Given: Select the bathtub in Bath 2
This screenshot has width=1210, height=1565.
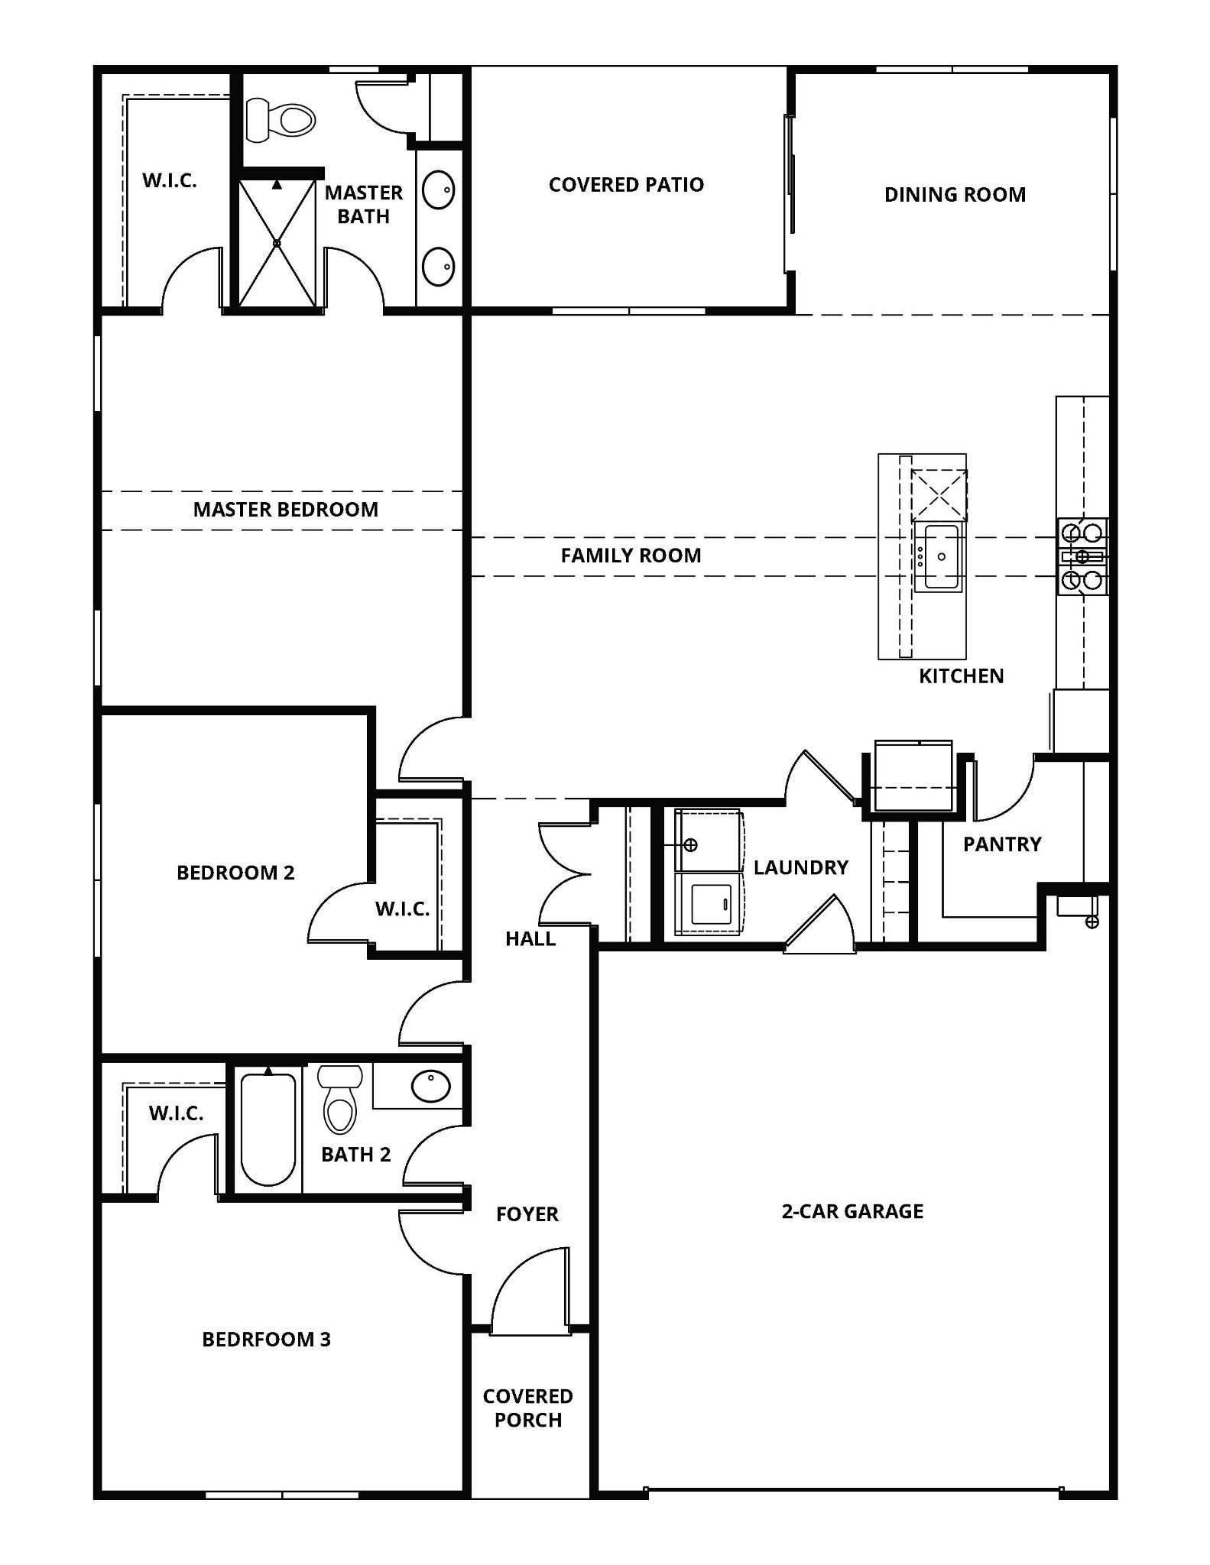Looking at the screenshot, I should pos(268,1129).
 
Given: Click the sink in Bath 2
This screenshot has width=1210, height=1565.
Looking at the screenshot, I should pos(430,1086).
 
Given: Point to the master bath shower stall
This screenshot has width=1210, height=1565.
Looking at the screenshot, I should pos(277,243).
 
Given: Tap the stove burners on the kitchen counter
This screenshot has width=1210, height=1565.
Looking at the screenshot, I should pos(1082,556).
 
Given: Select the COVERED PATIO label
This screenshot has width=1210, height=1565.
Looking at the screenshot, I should pos(626,185).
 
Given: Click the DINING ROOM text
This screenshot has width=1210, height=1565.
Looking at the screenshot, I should pos(955,195).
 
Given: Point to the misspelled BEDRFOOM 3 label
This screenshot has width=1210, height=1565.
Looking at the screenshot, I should pos(266,1339).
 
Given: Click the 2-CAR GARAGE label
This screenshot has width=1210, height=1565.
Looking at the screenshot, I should pos(852,1211).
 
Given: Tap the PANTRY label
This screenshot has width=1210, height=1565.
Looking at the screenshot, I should pos(1001,844).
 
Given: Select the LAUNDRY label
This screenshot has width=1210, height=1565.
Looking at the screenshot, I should pos(800,867).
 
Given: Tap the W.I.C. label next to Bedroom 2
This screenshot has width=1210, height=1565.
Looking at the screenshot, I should pos(402,909).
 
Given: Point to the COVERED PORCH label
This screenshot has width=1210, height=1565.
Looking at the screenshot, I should pos(527,1408).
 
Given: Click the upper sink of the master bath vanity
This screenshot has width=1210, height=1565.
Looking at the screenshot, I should pos(439,190).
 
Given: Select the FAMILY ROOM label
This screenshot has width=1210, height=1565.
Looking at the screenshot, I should pos(631,556).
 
